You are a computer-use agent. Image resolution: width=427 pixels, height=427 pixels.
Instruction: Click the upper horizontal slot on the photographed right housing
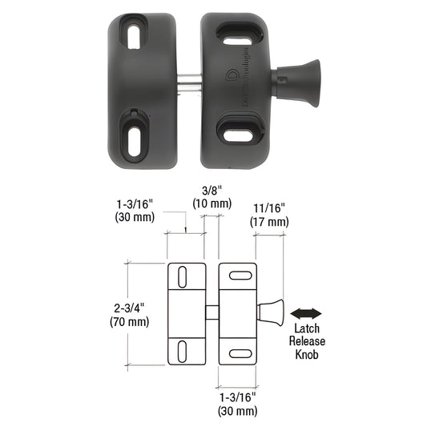coord(238,39)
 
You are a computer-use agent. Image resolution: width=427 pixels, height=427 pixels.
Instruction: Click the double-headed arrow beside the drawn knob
coord(307,312)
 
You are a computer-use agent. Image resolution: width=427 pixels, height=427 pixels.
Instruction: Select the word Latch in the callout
coord(308,328)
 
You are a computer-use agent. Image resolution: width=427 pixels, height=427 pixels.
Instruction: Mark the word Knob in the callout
coord(308,354)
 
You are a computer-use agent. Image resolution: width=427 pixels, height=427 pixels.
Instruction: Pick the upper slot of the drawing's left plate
coord(183,277)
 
